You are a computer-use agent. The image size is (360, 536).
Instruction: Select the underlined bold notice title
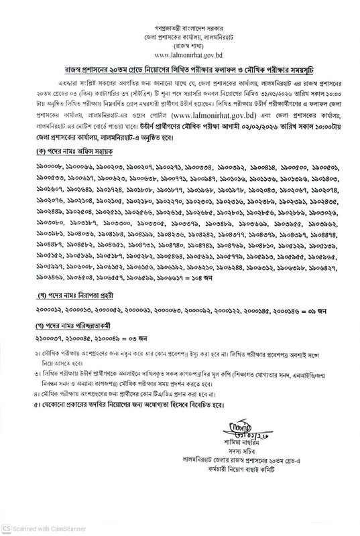(x=180, y=70)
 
